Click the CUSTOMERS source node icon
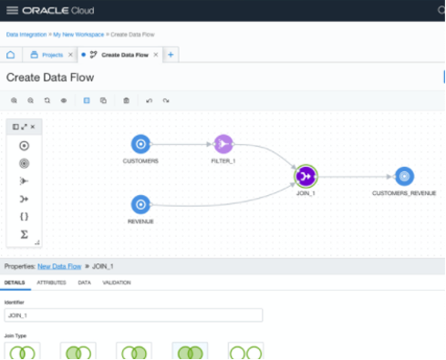pyautogui.click(x=140, y=143)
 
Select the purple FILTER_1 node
pyautogui.click(x=223, y=143)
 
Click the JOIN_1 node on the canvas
pyautogui.click(x=306, y=176)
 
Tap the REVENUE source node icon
pyautogui.click(x=140, y=203)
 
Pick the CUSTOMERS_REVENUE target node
pyautogui.click(x=404, y=176)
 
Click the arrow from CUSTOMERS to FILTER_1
pyautogui.click(x=182, y=143)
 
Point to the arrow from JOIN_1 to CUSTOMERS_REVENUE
pyautogui.click(x=356, y=176)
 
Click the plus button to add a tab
pyautogui.click(x=171, y=55)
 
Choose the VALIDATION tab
pyautogui.click(x=117, y=283)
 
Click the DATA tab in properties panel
pyautogui.click(x=85, y=283)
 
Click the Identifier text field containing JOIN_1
pyautogui.click(x=133, y=314)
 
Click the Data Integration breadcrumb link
pyautogui.click(x=26, y=34)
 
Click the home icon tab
pyautogui.click(x=11, y=55)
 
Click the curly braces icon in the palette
pyautogui.click(x=24, y=216)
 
